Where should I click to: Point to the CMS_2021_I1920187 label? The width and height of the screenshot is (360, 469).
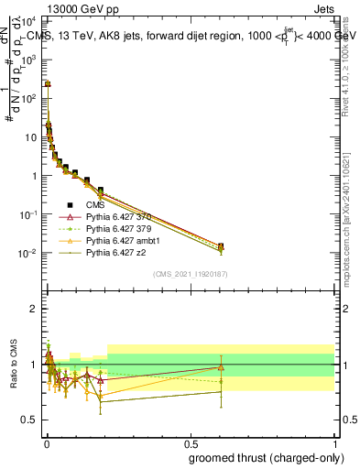[190, 273]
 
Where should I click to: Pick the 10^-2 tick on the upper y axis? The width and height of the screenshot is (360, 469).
[29, 254]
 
